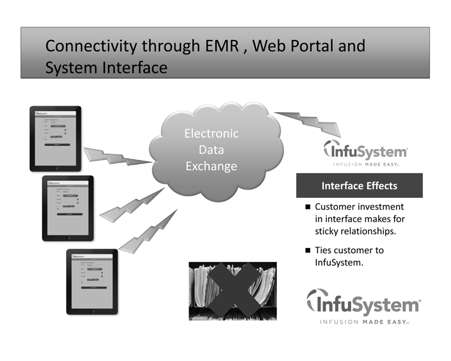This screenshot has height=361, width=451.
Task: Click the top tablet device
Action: tap(56, 138)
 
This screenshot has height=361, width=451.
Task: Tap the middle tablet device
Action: tap(67, 208)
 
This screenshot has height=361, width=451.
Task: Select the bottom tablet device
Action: tap(92, 281)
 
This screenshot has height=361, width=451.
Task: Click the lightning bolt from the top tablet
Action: tap(118, 156)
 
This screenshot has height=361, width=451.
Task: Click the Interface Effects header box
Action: tap(360, 186)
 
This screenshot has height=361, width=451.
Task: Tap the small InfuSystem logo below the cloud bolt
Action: tap(365, 153)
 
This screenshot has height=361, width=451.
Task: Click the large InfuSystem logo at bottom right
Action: tap(363, 305)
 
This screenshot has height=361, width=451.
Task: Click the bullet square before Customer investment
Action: tap(307, 207)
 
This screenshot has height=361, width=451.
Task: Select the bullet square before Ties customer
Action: tap(307, 251)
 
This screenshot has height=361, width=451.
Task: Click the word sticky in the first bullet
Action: tap(328, 230)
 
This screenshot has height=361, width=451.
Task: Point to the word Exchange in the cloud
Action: tap(211, 166)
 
